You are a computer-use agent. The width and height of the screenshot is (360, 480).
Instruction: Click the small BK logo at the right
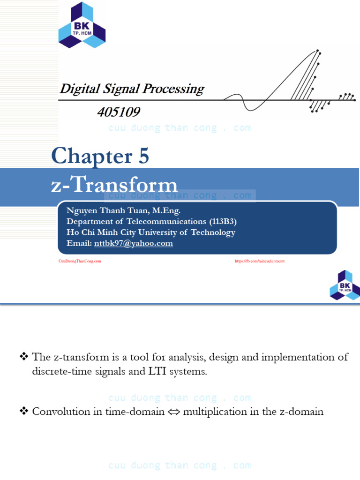[x=345, y=285]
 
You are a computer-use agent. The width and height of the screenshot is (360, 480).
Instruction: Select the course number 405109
[x=118, y=112]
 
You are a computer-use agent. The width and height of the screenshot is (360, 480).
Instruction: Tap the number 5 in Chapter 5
[x=143, y=156]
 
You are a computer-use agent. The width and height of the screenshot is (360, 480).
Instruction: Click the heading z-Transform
[x=114, y=185]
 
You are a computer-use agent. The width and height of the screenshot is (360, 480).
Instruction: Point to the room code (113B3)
[x=217, y=222]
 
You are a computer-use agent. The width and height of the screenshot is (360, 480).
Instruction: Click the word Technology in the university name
[x=212, y=232]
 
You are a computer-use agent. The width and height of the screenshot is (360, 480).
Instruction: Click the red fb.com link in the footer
[x=259, y=261]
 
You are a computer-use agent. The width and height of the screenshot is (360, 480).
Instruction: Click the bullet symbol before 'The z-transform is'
[x=24, y=357]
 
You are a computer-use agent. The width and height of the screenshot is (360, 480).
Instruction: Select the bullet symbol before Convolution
[x=24, y=412]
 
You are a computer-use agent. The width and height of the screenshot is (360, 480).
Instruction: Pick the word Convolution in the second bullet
[x=61, y=412]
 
